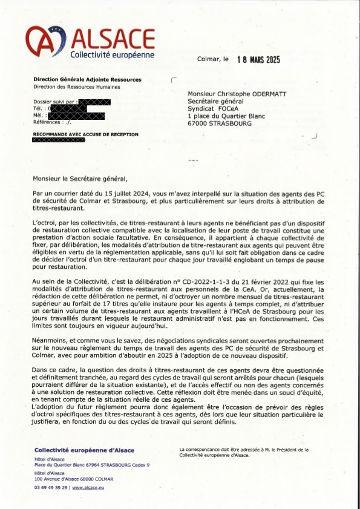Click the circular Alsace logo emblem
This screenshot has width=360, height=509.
45,42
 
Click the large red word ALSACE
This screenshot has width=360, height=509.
113,38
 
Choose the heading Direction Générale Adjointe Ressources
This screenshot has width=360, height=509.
88,79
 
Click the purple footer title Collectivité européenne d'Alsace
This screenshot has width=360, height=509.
85,450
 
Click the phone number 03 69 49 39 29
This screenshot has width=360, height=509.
51,487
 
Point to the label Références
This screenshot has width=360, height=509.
48,122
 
